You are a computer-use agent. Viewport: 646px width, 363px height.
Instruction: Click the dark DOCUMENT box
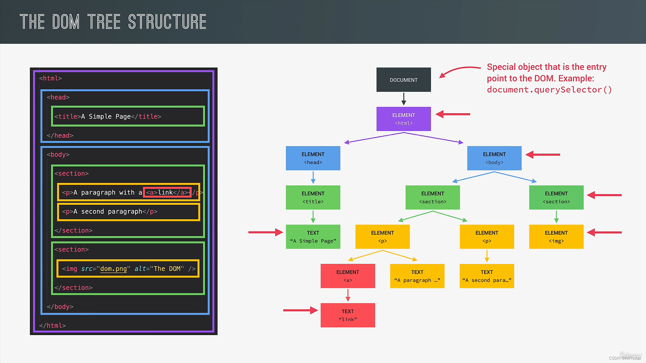click(403, 80)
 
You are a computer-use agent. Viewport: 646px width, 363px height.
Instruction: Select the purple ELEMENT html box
click(403, 119)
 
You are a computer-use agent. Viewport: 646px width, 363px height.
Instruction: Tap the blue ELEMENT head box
click(313, 158)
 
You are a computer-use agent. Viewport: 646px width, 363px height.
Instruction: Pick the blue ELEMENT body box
click(494, 158)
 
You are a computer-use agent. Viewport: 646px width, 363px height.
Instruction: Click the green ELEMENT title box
click(313, 197)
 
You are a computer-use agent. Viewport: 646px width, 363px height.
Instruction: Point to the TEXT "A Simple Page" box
click(313, 237)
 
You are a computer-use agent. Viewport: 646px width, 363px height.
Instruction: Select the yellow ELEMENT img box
click(556, 237)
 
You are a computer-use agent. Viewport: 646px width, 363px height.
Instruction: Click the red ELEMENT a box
click(348, 276)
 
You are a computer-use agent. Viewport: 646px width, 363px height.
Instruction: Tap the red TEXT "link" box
click(348, 315)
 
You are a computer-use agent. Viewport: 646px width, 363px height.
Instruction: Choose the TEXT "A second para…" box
click(487, 276)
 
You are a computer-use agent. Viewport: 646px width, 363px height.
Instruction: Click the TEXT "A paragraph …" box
click(417, 276)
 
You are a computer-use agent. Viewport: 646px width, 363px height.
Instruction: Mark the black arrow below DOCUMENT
click(404, 99)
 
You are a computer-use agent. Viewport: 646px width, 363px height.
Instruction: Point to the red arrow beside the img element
click(604, 232)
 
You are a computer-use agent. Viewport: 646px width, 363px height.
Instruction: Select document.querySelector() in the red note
click(549, 90)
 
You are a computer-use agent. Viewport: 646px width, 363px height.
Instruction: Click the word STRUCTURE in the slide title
click(167, 22)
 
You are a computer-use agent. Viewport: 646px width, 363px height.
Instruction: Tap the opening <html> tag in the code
click(50, 78)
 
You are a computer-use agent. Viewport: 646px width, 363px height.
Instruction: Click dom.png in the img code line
click(113, 269)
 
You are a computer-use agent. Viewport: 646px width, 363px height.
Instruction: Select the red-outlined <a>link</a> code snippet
click(167, 192)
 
